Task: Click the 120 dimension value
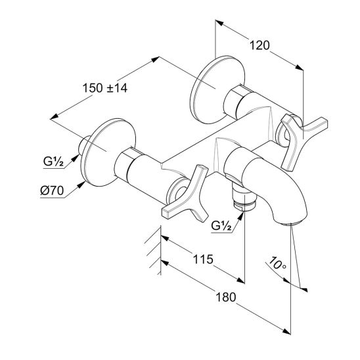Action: pyautogui.click(x=259, y=45)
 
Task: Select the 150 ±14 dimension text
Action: pyautogui.click(x=104, y=88)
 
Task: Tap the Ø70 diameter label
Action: pyautogui.click(x=52, y=191)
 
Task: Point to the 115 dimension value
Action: pyautogui.click(x=203, y=259)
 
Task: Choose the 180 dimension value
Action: pyautogui.click(x=226, y=297)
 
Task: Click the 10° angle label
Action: pyautogui.click(x=277, y=263)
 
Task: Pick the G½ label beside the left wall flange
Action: pyautogui.click(x=53, y=162)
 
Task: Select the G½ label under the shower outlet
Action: pyautogui.click(x=221, y=226)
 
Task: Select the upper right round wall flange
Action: pyautogui.click(x=217, y=89)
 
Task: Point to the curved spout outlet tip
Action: pyautogui.click(x=292, y=222)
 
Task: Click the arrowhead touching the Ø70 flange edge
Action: pyautogui.click(x=81, y=184)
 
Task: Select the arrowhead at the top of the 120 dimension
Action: pyautogui.click(x=219, y=23)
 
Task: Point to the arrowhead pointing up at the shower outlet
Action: pyautogui.click(x=240, y=217)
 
